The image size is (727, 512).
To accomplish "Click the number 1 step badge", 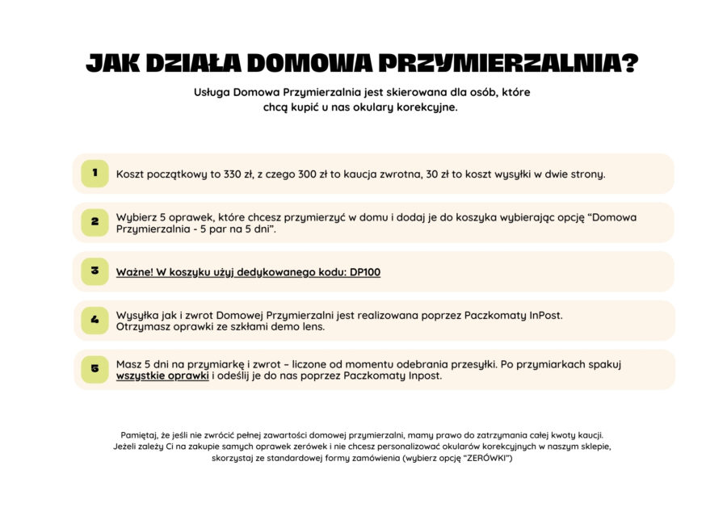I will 95,173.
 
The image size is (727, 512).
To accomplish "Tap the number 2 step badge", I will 95,222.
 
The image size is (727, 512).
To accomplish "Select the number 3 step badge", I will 95,271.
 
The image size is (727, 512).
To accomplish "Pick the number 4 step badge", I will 95,321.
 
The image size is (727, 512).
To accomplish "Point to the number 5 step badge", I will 95,369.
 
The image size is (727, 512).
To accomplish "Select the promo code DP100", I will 365,272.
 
